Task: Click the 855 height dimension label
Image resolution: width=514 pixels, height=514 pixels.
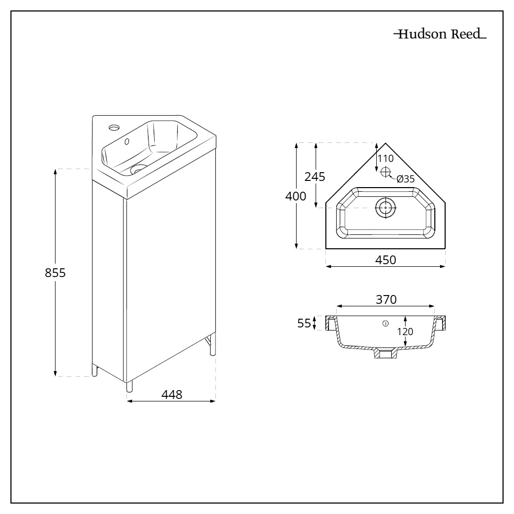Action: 55,273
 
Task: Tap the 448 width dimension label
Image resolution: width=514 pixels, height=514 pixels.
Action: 172,394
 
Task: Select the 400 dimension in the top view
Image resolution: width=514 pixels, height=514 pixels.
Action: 297,196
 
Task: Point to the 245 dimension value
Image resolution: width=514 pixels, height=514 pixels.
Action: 315,177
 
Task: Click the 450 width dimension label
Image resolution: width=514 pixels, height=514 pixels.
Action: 385,260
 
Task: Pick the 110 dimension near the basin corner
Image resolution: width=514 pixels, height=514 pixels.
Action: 385,158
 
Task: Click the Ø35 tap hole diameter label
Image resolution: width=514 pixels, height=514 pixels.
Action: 406,179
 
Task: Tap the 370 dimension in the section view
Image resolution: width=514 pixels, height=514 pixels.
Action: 385,299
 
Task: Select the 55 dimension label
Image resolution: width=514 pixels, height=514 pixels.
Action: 304,323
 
